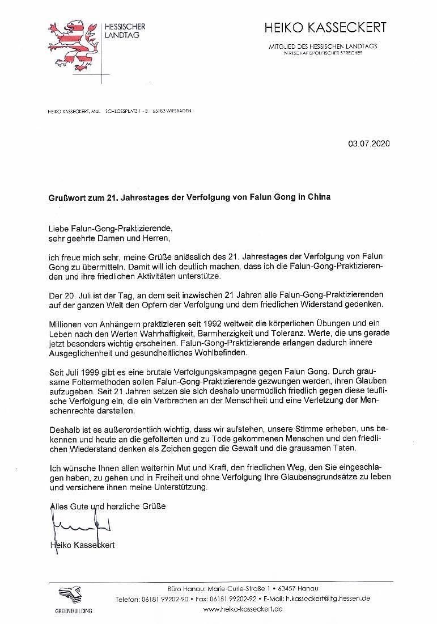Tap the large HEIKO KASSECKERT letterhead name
pos(325,27)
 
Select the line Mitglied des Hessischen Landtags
pos(323,46)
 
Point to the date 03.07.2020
pos(369,144)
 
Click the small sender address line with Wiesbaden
pos(120,111)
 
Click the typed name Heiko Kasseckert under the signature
pos(82,545)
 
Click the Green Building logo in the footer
pos(73,599)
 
